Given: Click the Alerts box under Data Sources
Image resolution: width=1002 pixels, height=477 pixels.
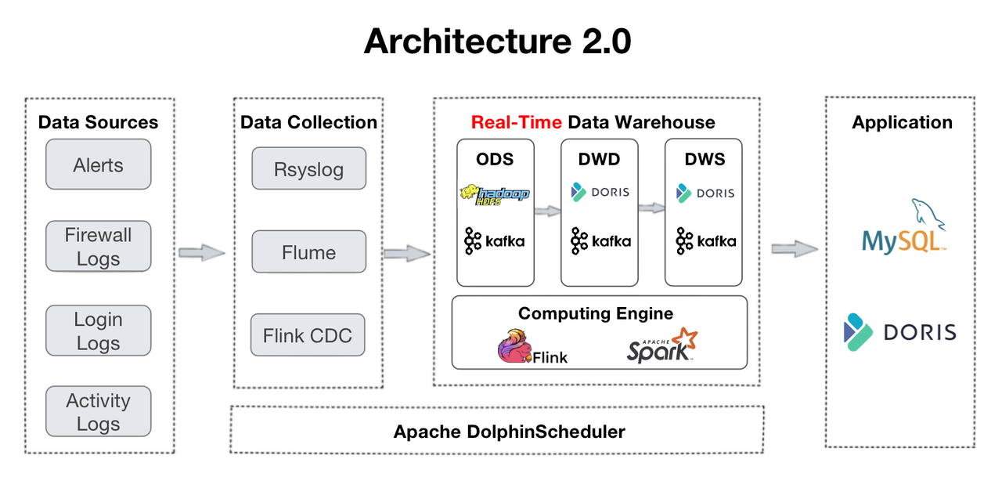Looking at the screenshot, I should coord(98,164).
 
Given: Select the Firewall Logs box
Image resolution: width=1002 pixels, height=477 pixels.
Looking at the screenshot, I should coord(98,247).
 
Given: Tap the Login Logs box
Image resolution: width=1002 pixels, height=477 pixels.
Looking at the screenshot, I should coord(98,331).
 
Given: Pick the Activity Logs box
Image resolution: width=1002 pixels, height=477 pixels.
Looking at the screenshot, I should coord(98,411).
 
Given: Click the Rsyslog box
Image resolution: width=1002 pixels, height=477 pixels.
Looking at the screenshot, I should coord(308,168).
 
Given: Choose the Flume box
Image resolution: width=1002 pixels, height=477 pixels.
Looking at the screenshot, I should coord(308,252).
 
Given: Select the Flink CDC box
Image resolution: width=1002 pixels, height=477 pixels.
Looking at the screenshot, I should coord(308,335).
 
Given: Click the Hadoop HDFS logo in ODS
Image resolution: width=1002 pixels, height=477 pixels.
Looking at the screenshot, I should coord(495,195).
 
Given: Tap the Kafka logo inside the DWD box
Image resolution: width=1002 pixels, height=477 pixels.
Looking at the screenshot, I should coord(600,240).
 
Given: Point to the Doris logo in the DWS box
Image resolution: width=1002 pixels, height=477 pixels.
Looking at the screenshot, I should coord(705,193).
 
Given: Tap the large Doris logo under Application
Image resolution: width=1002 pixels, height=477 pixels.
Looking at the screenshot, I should coord(899,331).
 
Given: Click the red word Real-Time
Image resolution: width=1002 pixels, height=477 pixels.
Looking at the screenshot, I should coord(516,122).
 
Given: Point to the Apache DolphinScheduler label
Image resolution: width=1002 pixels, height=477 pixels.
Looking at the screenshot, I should coord(509,432).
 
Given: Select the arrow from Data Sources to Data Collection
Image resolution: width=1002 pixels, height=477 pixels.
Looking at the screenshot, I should coord(202,252).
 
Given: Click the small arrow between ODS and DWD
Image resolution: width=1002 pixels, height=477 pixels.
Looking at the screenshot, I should coord(548,210).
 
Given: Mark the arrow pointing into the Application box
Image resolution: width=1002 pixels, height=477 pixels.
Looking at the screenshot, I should coord(795,248).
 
